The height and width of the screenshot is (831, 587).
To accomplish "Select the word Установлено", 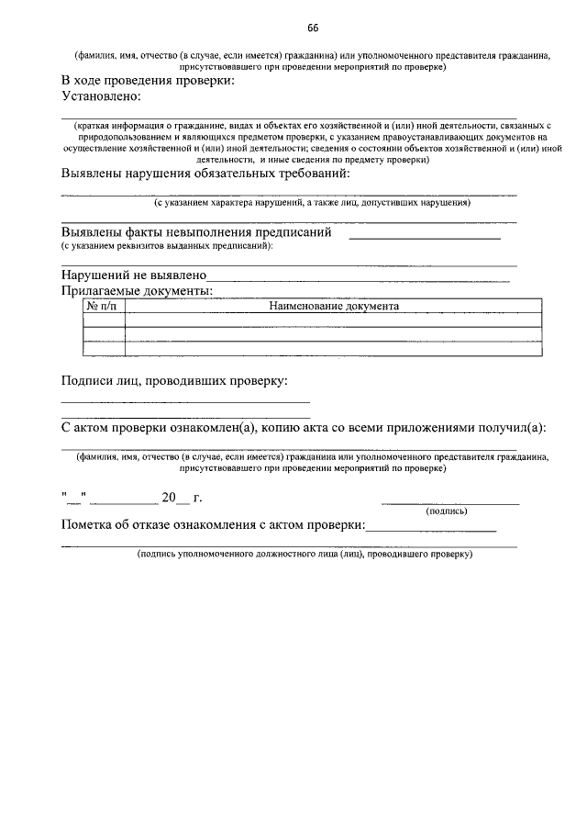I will pos(101,95).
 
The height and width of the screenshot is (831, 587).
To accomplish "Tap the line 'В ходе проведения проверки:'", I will pos(148,81).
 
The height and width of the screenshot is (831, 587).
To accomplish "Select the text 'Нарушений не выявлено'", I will pos(134,275).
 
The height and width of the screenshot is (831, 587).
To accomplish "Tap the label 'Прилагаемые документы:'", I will pos(137,290).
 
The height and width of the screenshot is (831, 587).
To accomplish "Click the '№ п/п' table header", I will pos(103,306).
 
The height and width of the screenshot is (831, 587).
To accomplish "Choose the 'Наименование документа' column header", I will pos(333,306).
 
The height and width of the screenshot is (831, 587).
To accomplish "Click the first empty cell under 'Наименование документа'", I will pos(333,320).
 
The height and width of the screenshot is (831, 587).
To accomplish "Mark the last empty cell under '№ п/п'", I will pos(103,348).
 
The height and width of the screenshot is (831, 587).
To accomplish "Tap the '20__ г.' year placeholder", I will pos(181,499).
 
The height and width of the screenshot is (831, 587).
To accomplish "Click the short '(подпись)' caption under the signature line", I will pos(447,511).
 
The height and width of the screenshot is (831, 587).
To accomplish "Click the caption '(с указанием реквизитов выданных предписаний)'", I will pos(167,246).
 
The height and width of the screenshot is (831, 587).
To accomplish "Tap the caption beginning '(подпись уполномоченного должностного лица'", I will pos(304,555).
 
